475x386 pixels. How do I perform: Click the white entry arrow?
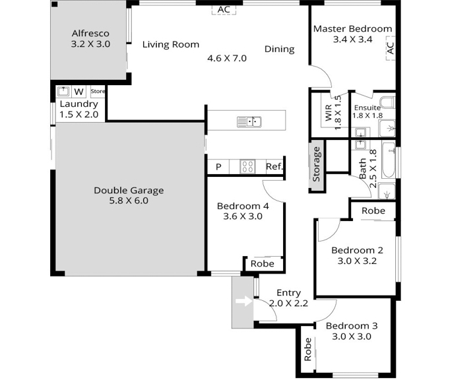(x=244, y=302)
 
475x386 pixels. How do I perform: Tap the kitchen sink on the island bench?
(x=249, y=122)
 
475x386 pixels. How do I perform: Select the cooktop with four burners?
(x=247, y=167)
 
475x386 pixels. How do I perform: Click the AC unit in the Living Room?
(x=224, y=10)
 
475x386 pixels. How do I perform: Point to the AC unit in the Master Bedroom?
(x=391, y=48)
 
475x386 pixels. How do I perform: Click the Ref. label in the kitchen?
(x=274, y=166)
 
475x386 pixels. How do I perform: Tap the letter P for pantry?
(x=218, y=167)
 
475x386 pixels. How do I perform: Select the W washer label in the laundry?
(x=79, y=92)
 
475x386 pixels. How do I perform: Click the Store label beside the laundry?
(x=98, y=91)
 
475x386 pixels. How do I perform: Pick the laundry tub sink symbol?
(x=63, y=91)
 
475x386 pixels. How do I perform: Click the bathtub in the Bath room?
(x=389, y=160)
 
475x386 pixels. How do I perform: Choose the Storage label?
(x=316, y=164)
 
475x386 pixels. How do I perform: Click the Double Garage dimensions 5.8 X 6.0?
(x=129, y=201)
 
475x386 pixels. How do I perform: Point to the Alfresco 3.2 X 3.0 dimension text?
(x=90, y=44)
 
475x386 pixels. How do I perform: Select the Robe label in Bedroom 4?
(x=263, y=263)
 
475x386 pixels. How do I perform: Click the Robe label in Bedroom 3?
(x=308, y=349)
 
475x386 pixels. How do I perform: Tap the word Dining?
(x=279, y=49)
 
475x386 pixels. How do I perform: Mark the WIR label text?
(x=329, y=113)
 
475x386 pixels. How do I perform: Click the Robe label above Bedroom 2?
(x=373, y=210)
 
